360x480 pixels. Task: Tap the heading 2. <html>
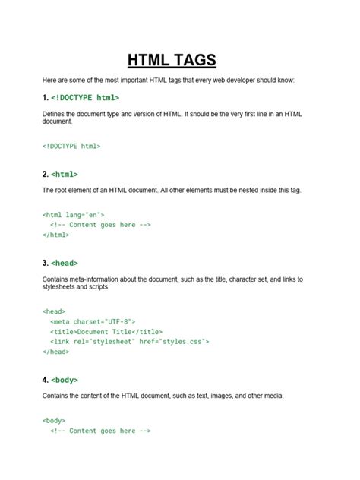coord(60,174)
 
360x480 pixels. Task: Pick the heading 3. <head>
coord(60,264)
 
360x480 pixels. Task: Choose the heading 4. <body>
coord(60,379)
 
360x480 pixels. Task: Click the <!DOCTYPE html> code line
coord(71,145)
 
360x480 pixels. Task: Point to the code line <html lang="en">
coord(73,215)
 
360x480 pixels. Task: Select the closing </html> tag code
coord(55,235)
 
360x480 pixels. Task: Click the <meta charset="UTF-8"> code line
coord(93,321)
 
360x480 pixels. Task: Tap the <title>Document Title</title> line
coord(106,331)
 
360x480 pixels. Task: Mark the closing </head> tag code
coord(55,352)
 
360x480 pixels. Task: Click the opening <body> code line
coord(54,420)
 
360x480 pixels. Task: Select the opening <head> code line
coord(54,311)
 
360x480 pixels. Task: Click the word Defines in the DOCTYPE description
coord(55,114)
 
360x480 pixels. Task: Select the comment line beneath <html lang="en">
coord(101,225)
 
